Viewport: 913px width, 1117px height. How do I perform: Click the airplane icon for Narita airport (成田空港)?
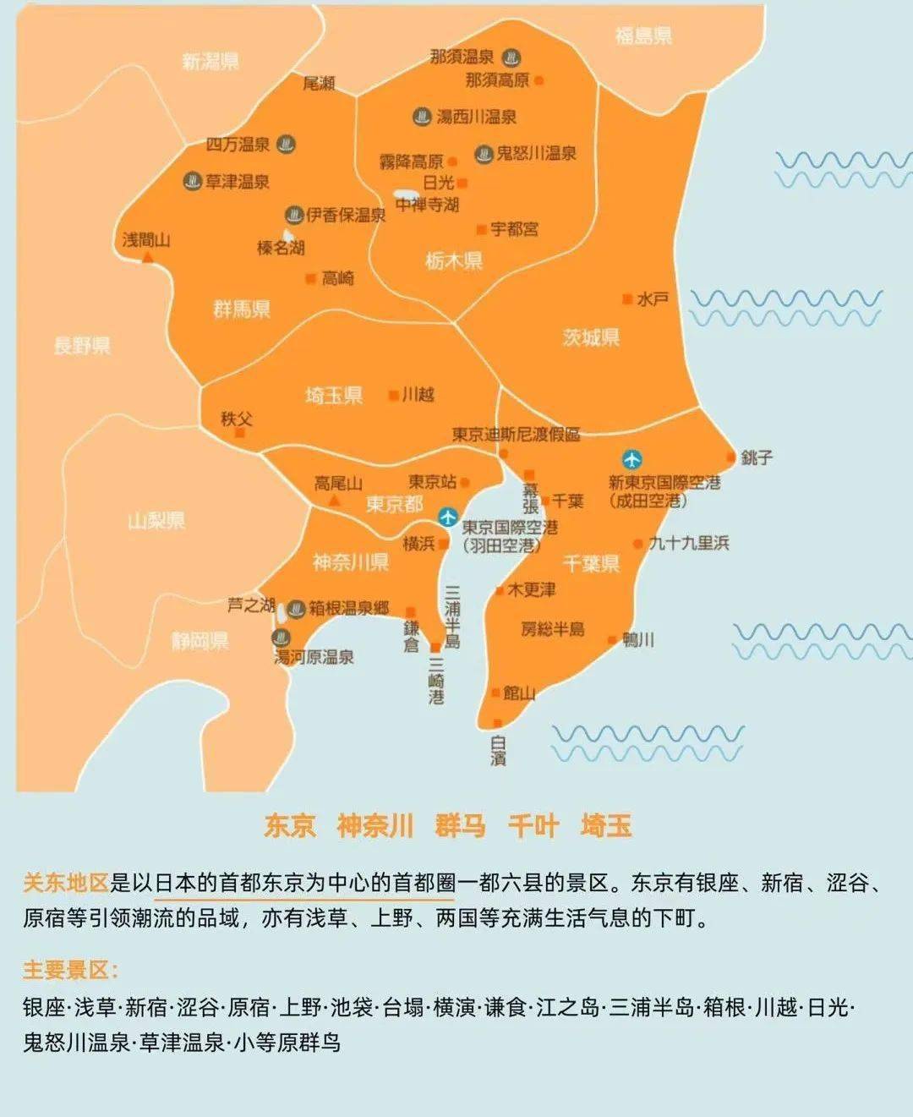coord(631,459)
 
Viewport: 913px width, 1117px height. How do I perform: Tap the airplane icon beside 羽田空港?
coord(448,517)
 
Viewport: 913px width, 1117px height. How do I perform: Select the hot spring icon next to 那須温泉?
coord(511,58)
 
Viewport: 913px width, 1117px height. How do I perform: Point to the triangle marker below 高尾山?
coord(335,501)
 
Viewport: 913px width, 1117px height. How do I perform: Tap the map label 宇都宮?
coord(514,229)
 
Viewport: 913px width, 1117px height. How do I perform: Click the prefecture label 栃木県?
coord(454,260)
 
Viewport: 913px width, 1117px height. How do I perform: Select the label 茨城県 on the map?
coord(591,337)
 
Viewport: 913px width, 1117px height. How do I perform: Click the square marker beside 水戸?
coord(627,299)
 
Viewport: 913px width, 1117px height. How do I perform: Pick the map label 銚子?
coord(757,457)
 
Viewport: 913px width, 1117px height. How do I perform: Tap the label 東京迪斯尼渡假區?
coord(516,435)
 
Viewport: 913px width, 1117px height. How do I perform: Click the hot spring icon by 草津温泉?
coord(193,181)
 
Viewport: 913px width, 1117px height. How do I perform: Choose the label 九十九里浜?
coord(688,543)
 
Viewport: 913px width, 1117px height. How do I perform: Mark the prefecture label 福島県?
coord(643,36)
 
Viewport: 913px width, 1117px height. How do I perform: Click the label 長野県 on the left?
coord(82,345)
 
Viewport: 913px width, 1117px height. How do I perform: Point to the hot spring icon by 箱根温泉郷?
coord(296,609)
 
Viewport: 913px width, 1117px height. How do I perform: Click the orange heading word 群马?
coord(461,825)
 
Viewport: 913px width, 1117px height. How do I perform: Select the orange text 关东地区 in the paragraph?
coord(66,883)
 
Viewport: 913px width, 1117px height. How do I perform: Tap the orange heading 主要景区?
coord(70,970)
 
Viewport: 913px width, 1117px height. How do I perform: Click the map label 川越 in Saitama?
coord(418,395)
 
